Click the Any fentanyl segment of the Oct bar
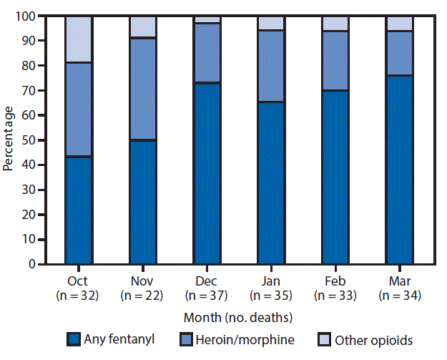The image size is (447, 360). [78, 210]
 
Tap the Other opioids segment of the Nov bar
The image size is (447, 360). [142, 26]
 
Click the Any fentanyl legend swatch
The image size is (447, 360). [73, 341]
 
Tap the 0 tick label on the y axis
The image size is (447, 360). [34, 264]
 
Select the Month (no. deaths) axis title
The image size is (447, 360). [238, 316]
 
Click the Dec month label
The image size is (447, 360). [207, 281]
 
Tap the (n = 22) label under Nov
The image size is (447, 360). [142, 294]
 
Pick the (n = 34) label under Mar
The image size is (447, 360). [399, 294]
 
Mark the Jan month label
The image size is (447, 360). [271, 281]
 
